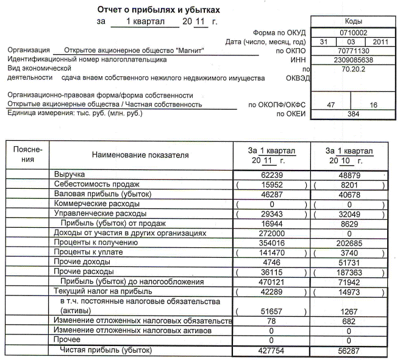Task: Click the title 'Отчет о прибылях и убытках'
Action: pyautogui.click(x=159, y=10)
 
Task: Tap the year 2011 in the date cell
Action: pyautogui.click(x=380, y=41)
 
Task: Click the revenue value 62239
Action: pyautogui.click(x=271, y=174)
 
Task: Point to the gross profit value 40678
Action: pyautogui.click(x=349, y=194)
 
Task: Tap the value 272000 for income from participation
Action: pyautogui.click(x=271, y=233)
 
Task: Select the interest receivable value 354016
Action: pyautogui.click(x=271, y=243)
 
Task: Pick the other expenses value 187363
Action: pyautogui.click(x=349, y=272)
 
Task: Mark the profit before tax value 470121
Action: pyautogui.click(x=271, y=282)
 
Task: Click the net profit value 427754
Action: pyautogui.click(x=271, y=350)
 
